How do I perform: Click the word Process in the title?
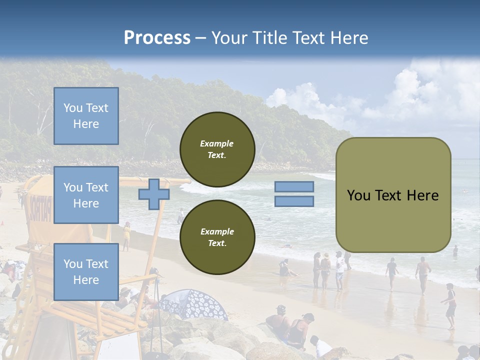(x=157, y=38)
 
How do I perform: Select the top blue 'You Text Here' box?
(x=86, y=116)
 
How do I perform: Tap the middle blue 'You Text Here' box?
(x=86, y=195)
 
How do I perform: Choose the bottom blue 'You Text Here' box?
(x=86, y=271)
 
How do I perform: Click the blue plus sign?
(x=153, y=194)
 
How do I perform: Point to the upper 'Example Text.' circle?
(x=217, y=149)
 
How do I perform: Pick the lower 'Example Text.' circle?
(x=217, y=237)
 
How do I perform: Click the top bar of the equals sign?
(x=294, y=187)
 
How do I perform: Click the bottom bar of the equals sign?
(x=294, y=201)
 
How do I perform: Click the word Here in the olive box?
(x=422, y=195)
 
